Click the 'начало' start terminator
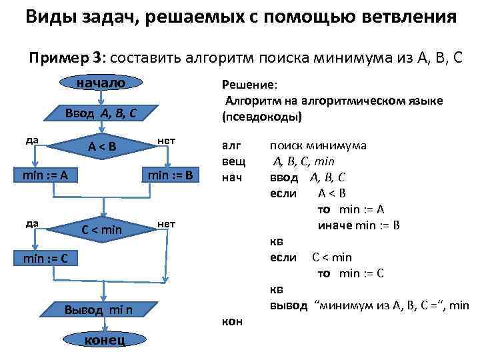pyautogui.click(x=101, y=83)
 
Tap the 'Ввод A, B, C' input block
pyautogui.click(x=101, y=113)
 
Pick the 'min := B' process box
pyautogui.click(x=170, y=176)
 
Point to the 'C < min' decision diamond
pyautogui.click(x=101, y=230)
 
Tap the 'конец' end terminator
pyautogui.click(x=102, y=340)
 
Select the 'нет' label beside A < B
pyautogui.click(x=165, y=141)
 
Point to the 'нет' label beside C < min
pyautogui.click(x=165, y=224)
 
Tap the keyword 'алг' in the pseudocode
pyautogui.click(x=230, y=145)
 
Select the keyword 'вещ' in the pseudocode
pyautogui.click(x=233, y=161)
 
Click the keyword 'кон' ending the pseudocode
pyautogui.click(x=231, y=321)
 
